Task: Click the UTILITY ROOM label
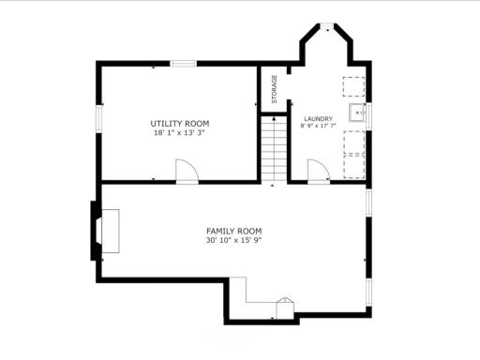pos(180,124)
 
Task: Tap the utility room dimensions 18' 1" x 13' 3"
pos(179,132)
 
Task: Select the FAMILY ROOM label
pos(234,232)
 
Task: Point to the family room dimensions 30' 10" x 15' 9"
pos(233,240)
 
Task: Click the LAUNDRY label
pos(319,119)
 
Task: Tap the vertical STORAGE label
pos(275,89)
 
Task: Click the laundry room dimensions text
pos(318,126)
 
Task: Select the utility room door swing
pos(187,171)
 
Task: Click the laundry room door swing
pos(319,171)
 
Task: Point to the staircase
pos(274,148)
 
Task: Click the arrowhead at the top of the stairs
pos(274,119)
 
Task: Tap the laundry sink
pos(357,112)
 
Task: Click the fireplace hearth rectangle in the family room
pos(111,231)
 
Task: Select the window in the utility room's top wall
pos(184,64)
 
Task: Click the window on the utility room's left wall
pos(99,119)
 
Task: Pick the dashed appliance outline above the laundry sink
pos(353,86)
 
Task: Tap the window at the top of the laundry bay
pos(327,25)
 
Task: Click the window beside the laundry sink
pos(368,116)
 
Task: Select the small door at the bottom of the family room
pos(285,308)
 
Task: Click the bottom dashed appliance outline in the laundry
pos(354,166)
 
